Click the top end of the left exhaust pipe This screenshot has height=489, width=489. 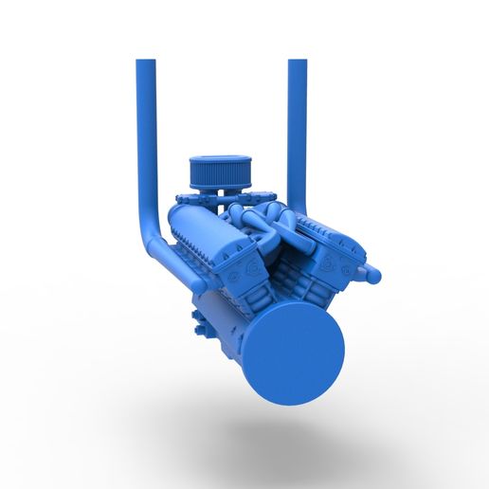point(145,63)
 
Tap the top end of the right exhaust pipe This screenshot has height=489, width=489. point(297,63)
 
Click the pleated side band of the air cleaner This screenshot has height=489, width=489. point(217,177)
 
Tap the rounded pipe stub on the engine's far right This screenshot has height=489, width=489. point(371,275)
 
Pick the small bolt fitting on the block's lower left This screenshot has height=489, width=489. point(200,329)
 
